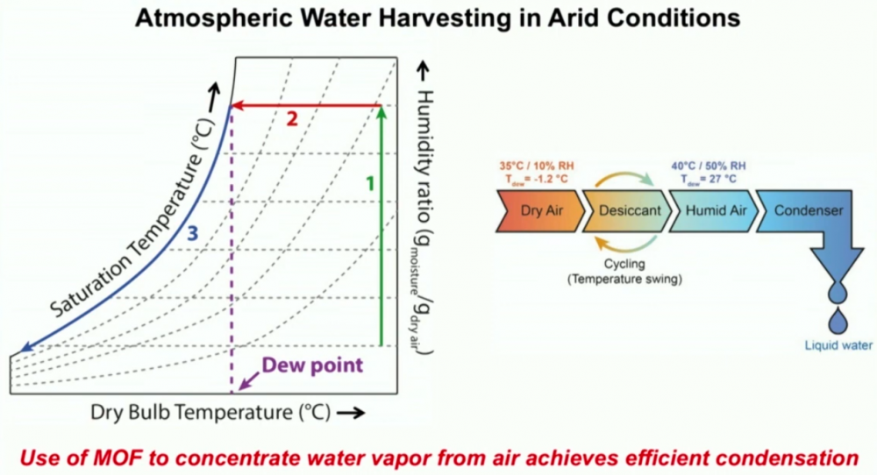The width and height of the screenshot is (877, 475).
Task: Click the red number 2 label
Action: click(x=292, y=119)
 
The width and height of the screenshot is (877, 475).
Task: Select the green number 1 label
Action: click(x=370, y=183)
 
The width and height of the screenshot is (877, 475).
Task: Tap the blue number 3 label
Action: click(x=192, y=232)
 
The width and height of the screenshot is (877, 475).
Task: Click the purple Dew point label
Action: click(x=312, y=365)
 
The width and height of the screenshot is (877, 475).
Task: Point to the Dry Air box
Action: click(x=540, y=210)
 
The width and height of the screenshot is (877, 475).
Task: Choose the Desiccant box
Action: click(x=626, y=210)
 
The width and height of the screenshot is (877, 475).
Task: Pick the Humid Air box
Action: click(x=713, y=210)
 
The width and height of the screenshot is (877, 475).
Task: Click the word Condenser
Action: click(x=809, y=210)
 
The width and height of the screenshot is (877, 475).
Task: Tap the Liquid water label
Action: click(x=838, y=345)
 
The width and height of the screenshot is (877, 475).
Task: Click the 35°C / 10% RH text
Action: click(x=537, y=166)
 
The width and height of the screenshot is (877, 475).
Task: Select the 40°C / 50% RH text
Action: click(x=709, y=166)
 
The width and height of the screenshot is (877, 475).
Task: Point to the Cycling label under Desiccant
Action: click(x=624, y=264)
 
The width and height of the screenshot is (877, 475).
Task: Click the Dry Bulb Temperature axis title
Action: click(x=210, y=413)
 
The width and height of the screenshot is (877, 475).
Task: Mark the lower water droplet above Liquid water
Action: click(x=838, y=320)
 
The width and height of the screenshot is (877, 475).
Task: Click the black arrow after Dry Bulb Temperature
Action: click(x=351, y=413)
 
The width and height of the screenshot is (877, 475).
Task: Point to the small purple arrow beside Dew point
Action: click(x=248, y=380)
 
